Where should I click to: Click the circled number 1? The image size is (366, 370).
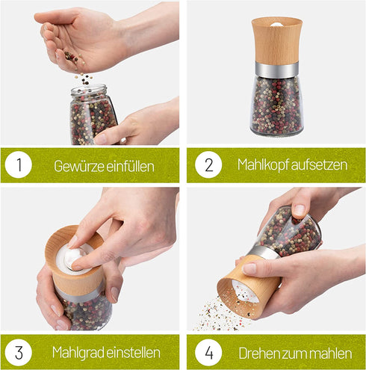(x=19, y=164)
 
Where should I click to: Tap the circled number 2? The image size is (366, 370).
(x=208, y=164)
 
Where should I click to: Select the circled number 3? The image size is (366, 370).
(x=19, y=352)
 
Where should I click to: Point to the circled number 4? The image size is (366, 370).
(x=208, y=352)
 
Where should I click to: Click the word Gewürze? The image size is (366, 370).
(x=79, y=166)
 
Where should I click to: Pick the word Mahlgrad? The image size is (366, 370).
(x=78, y=353)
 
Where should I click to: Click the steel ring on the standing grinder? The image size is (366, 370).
(x=276, y=70)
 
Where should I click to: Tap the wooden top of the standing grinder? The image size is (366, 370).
(x=276, y=41)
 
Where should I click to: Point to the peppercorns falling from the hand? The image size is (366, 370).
(x=84, y=78)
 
